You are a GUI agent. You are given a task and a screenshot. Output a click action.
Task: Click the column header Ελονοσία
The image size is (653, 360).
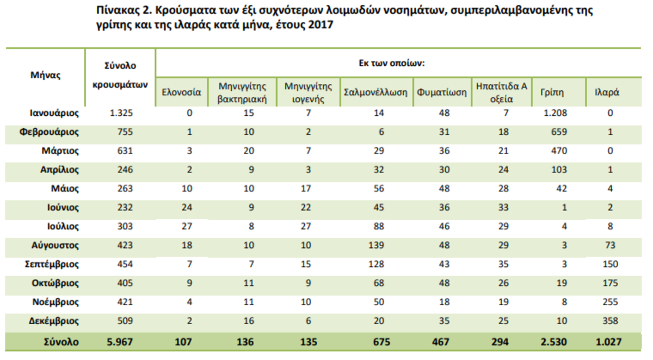point(182,92)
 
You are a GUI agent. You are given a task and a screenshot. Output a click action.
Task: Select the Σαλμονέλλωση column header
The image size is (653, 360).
point(375,92)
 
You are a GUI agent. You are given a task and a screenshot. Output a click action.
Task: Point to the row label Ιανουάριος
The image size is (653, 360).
point(54,113)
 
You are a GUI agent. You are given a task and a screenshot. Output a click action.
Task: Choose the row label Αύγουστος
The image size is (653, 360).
point(56,245)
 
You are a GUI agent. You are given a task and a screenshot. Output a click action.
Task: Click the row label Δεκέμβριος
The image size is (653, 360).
point(54,321)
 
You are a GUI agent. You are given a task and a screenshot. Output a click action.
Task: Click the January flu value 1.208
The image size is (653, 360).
point(556,113)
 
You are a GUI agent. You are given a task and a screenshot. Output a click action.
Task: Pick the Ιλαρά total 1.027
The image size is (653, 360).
point(608,342)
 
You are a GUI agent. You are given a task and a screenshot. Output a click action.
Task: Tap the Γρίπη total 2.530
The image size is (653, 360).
point(555,342)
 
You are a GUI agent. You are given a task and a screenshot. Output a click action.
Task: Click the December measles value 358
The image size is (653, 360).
point(610,321)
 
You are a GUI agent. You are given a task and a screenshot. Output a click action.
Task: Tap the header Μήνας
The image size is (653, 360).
point(45,76)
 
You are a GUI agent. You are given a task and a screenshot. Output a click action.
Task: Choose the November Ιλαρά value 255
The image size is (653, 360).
point(610,302)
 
